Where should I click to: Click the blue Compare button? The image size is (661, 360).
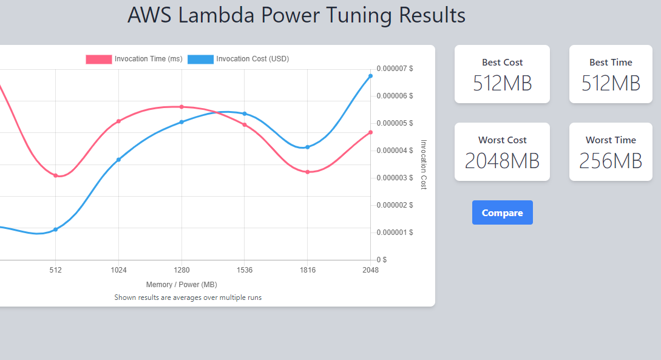tap(502, 212)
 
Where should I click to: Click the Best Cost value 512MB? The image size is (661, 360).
tap(502, 83)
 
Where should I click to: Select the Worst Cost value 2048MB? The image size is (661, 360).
tap(502, 161)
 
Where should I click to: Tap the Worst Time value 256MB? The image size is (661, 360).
tap(610, 161)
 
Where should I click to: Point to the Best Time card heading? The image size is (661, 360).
tap(610, 62)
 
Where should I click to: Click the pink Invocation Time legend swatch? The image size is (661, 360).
tap(99, 59)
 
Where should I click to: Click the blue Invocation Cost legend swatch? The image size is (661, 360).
tap(200, 59)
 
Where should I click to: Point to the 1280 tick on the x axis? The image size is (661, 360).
tap(181, 270)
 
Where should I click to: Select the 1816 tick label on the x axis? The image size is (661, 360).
tap(308, 270)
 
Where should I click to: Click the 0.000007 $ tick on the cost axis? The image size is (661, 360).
tap(395, 69)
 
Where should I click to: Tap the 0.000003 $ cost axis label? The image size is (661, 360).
tap(395, 178)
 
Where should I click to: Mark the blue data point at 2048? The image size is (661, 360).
tap(370, 76)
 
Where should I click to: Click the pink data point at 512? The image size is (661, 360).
tap(55, 175)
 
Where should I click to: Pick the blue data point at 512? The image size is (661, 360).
tap(55, 229)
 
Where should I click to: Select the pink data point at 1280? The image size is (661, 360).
tap(181, 107)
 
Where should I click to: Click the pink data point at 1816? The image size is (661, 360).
tap(308, 172)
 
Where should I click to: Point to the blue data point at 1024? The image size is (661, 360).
tap(118, 160)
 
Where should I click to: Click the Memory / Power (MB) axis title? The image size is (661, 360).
tap(181, 284)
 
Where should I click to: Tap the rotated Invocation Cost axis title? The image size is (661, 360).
tap(424, 164)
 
